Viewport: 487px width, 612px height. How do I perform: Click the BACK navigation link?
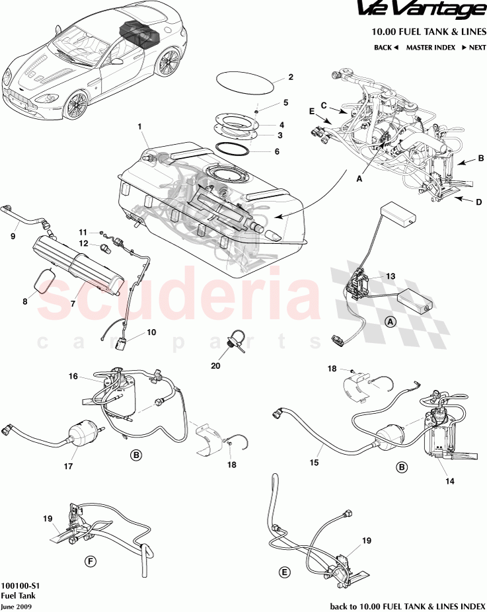point(386,48)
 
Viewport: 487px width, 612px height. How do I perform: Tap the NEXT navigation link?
point(474,48)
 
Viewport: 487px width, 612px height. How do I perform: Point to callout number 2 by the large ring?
point(290,77)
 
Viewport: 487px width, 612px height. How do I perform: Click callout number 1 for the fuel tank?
point(140,126)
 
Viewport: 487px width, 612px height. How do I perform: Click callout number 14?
point(449,481)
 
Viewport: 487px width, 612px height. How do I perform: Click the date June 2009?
point(15,606)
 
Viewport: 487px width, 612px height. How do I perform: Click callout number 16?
point(73,376)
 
